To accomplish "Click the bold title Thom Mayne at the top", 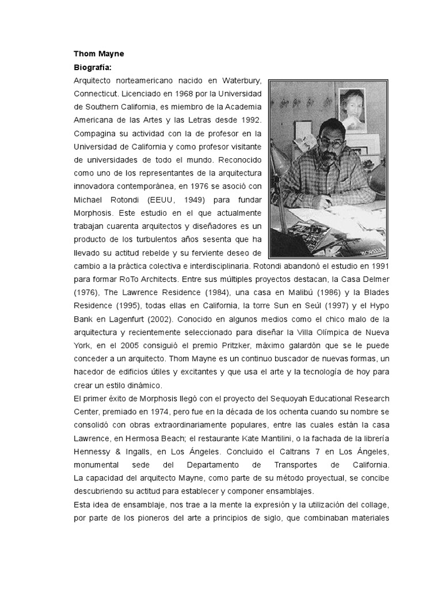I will click(98, 54).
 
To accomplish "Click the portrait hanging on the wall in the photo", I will click(355, 110).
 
